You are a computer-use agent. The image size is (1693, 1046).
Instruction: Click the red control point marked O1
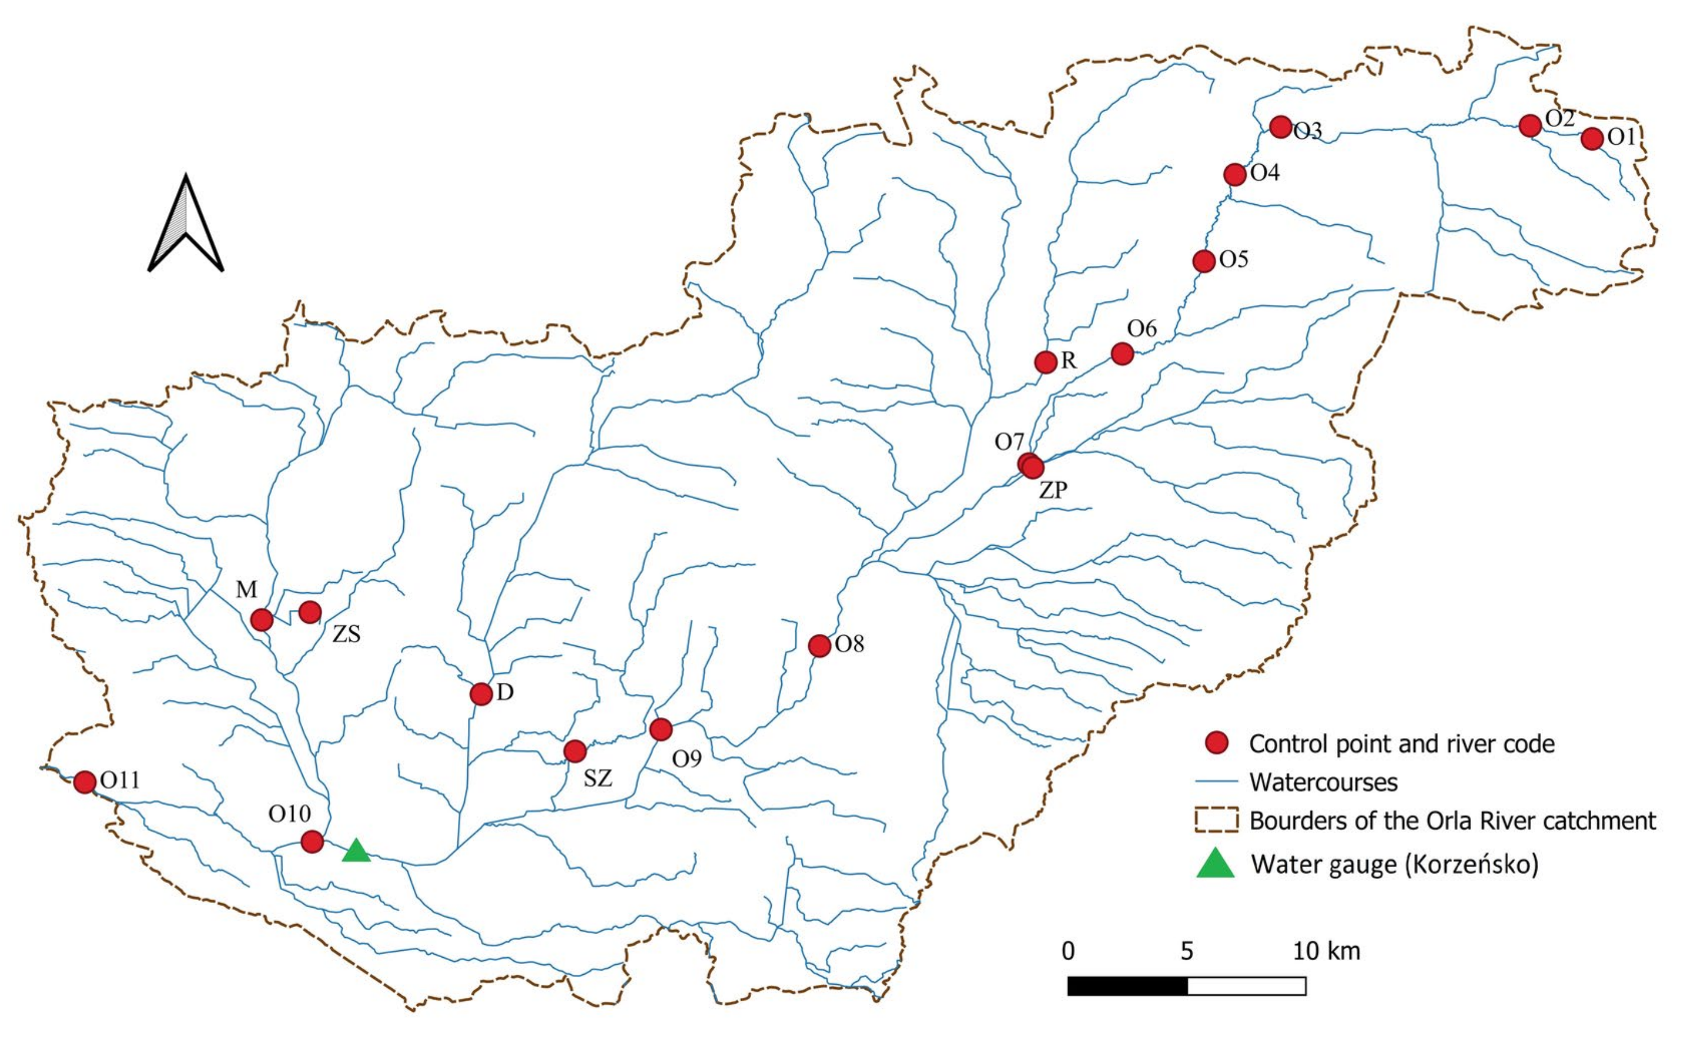pyautogui.click(x=1591, y=138)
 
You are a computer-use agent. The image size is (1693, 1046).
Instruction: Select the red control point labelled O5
pyautogui.click(x=1204, y=261)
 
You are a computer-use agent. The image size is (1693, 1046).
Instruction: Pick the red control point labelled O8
pyautogui.click(x=819, y=646)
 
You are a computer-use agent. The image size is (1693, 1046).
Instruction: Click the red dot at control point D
pyautogui.click(x=481, y=693)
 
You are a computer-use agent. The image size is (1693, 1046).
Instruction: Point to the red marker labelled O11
pyautogui.click(x=84, y=782)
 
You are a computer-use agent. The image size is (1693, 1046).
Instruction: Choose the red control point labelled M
pyautogui.click(x=261, y=620)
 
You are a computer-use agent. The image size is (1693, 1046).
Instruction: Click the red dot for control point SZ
pyautogui.click(x=575, y=751)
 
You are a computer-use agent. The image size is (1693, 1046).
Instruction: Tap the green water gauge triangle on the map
pyautogui.click(x=356, y=852)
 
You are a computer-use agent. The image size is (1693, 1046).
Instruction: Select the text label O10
pyautogui.click(x=289, y=814)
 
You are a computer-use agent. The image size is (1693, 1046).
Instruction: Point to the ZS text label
pyautogui.click(x=346, y=634)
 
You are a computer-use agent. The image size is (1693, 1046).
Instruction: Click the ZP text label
pyautogui.click(x=1053, y=490)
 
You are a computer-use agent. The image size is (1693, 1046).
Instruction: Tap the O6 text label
pyautogui.click(x=1141, y=328)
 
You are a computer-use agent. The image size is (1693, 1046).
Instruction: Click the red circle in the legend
pyautogui.click(x=1216, y=743)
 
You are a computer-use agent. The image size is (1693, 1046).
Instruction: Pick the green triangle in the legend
pyautogui.click(x=1216, y=864)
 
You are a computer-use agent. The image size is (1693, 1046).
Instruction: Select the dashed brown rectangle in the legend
pyautogui.click(x=1216, y=821)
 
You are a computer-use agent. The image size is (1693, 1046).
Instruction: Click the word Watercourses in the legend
pyautogui.click(x=1323, y=782)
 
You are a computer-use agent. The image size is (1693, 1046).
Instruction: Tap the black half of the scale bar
pyautogui.click(x=1127, y=986)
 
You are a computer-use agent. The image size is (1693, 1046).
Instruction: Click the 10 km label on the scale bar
pyautogui.click(x=1326, y=951)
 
